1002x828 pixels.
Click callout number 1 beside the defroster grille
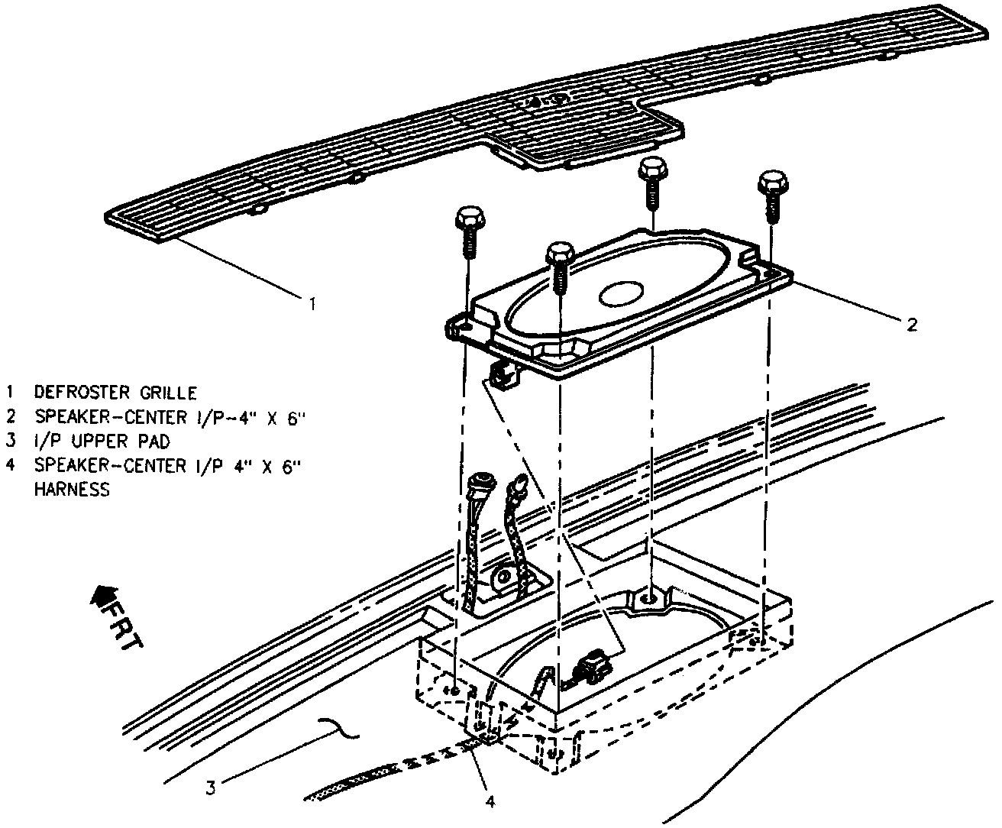(312, 304)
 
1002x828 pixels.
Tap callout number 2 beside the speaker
(911, 325)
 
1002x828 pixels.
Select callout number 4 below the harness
(490, 801)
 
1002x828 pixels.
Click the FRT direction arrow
(102, 596)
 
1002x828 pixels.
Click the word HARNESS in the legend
(72, 490)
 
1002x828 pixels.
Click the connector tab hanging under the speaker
(503, 374)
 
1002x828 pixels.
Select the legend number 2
(11, 418)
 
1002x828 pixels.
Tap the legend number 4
(11, 466)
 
